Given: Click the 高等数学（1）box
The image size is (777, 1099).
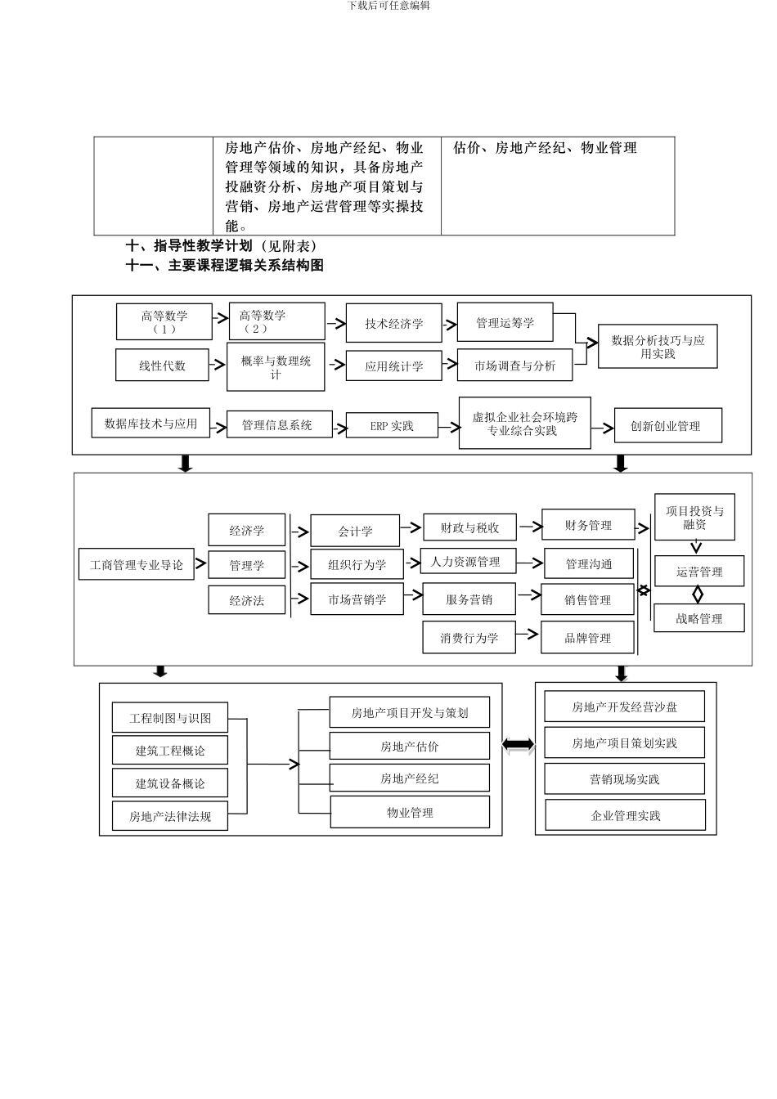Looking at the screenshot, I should [164, 321].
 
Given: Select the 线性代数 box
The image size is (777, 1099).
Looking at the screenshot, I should [162, 366].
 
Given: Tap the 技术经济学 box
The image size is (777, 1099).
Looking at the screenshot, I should [393, 323].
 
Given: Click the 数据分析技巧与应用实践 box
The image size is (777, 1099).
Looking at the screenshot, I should [658, 347].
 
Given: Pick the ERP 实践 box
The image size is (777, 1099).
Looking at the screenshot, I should [392, 426].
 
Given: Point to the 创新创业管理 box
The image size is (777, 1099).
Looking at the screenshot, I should [667, 426].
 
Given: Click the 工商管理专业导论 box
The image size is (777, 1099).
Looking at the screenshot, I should [137, 565].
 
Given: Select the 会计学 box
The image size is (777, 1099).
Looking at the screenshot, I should [355, 531].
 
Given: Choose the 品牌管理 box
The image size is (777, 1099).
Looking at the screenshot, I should [587, 638].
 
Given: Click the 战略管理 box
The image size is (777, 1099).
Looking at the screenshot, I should [698, 618].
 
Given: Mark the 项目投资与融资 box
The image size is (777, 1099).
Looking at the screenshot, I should [694, 518].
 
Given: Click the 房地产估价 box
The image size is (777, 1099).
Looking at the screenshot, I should [410, 747].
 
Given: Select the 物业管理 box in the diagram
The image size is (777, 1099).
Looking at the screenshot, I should [410, 813].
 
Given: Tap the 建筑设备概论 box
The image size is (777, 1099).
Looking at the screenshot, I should [170, 783].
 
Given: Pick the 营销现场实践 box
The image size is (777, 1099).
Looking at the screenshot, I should [624, 779].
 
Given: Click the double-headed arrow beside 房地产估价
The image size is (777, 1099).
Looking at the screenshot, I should [519, 745].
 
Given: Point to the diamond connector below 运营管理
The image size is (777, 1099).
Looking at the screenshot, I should [698, 594].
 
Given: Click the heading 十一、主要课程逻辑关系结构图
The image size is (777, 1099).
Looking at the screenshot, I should [225, 266].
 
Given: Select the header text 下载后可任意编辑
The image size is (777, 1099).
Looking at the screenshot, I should [388, 6].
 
